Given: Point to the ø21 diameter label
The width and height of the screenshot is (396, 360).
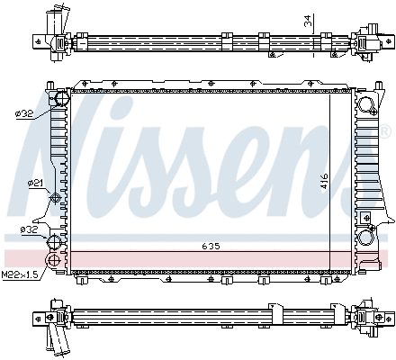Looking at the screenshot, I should (35, 183).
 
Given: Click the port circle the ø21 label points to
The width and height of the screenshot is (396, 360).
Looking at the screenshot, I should (57, 198).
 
